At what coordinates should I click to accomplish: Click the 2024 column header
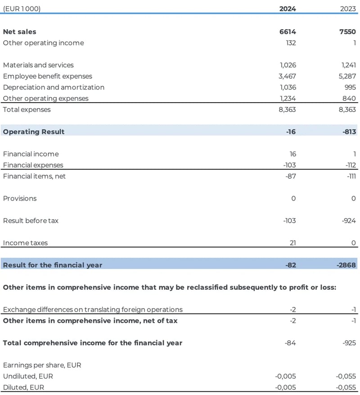click(288, 8)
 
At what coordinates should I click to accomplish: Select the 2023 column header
click(347, 8)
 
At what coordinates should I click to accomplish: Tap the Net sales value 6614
click(288, 32)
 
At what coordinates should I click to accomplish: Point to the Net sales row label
click(20, 32)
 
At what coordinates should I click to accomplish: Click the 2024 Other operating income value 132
click(290, 43)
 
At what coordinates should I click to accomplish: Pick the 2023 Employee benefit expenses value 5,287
click(346, 76)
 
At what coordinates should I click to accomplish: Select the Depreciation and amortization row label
click(54, 87)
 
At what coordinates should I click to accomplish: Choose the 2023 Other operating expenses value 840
click(349, 99)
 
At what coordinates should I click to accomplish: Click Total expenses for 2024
click(287, 109)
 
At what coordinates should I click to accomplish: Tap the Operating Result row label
click(34, 132)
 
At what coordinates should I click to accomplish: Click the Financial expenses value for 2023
click(348, 165)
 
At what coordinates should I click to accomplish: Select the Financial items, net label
click(34, 176)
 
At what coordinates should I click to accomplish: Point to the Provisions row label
click(20, 198)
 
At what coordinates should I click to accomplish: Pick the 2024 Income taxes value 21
click(292, 243)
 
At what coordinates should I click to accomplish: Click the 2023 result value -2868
click(346, 265)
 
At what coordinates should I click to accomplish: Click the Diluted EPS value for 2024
click(285, 387)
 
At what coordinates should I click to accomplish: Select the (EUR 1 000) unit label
click(22, 8)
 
